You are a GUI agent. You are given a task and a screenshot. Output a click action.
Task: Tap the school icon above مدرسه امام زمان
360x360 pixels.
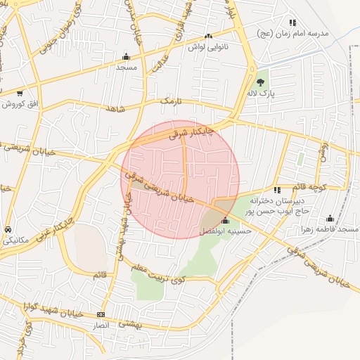click(x=292, y=22)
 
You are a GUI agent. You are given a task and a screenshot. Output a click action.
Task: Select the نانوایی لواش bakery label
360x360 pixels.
click(x=208, y=47)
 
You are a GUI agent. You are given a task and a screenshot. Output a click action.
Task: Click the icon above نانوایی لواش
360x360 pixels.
click(x=207, y=37)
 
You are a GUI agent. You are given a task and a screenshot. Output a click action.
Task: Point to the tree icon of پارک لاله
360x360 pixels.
click(x=261, y=82)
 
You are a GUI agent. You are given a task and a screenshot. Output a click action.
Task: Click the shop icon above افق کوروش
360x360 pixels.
click(x=20, y=93)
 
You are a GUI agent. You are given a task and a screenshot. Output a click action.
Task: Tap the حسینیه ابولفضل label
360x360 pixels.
click(x=223, y=231)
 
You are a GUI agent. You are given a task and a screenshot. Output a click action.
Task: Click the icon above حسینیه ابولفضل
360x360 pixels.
click(x=225, y=221)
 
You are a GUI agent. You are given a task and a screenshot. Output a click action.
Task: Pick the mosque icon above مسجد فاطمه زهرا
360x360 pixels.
click(x=330, y=218)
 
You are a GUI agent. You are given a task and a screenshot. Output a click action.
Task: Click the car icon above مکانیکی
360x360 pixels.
click(x=8, y=230)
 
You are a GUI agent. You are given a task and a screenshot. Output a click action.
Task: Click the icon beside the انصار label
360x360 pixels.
click(x=101, y=314)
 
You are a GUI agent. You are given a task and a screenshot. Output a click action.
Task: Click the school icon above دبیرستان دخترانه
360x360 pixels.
click(x=277, y=190)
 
